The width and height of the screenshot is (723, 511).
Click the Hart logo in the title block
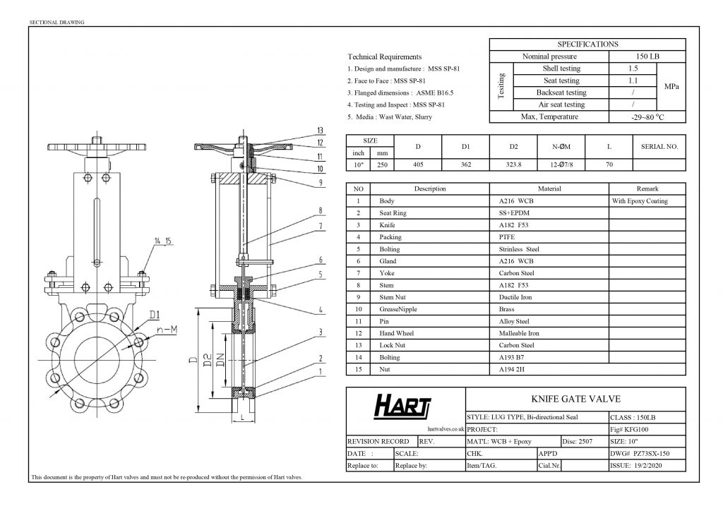pyautogui.click(x=402, y=406)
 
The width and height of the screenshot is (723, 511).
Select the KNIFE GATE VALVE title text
pyautogui.click(x=575, y=399)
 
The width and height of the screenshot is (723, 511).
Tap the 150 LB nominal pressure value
pyautogui.click(x=647, y=56)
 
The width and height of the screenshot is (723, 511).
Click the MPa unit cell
pyautogui.click(x=671, y=87)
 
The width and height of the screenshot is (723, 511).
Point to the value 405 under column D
pyautogui.click(x=418, y=164)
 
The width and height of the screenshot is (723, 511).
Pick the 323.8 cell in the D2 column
pyautogui.click(x=514, y=164)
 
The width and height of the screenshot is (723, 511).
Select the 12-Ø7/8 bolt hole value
pyautogui.click(x=561, y=164)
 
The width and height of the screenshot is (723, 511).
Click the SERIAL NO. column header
pyautogui.click(x=659, y=147)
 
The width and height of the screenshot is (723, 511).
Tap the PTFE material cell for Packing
pyautogui.click(x=507, y=237)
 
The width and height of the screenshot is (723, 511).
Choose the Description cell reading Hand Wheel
pyautogui.click(x=397, y=333)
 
